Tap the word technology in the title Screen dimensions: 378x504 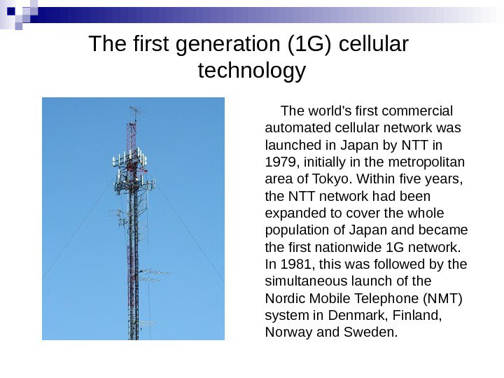252,71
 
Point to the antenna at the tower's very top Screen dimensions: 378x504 134,112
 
